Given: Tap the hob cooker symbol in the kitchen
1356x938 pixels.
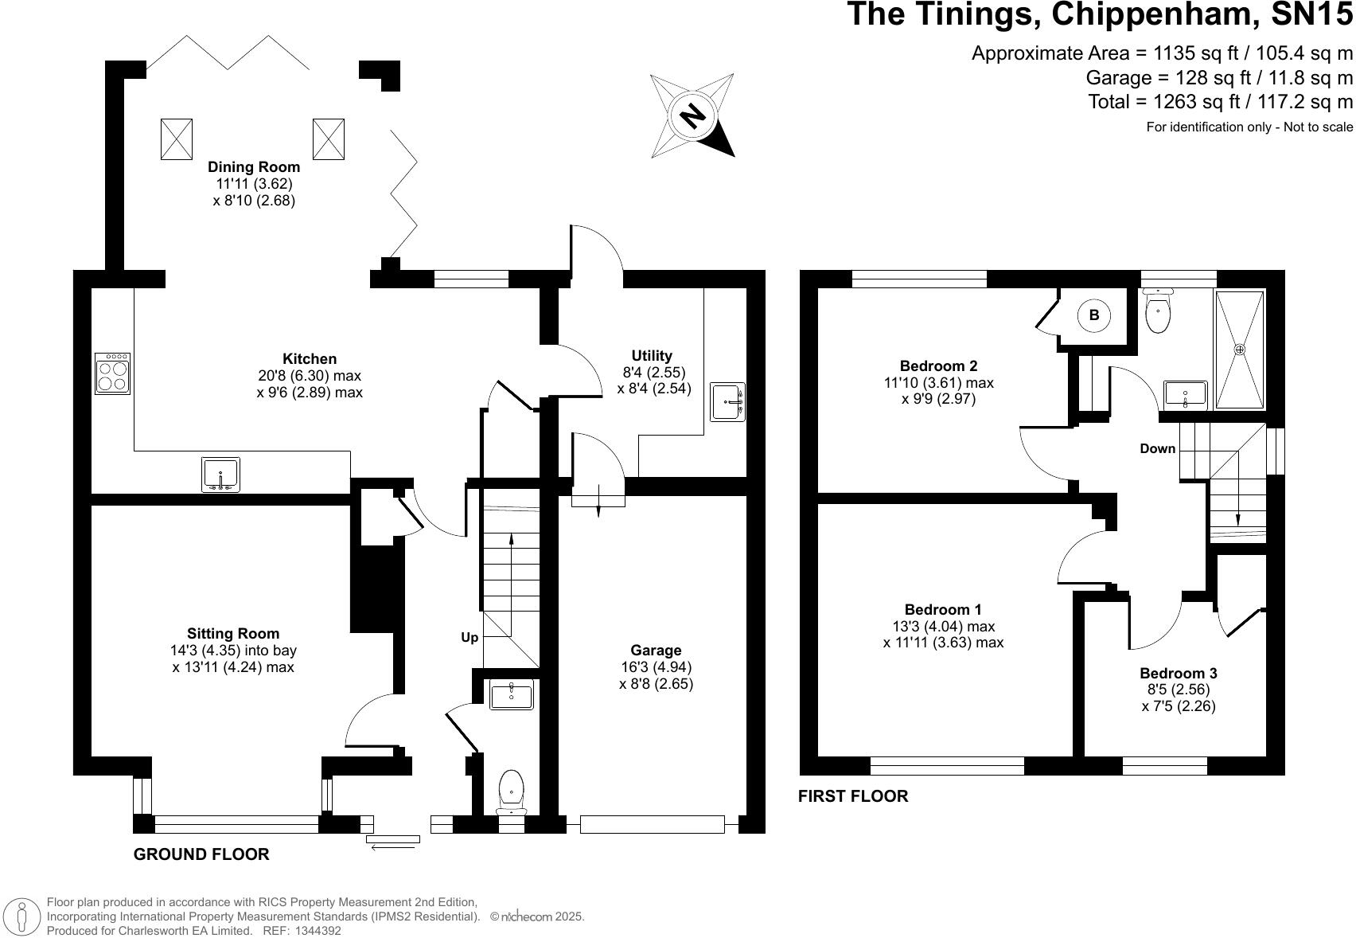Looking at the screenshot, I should coord(112,374).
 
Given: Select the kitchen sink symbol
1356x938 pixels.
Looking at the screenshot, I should coord(220,475).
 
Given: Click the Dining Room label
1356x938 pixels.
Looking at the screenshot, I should coord(254,167).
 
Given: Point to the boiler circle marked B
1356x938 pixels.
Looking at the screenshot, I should coord(1093,315).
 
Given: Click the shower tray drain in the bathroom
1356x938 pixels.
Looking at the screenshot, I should coord(1240,349).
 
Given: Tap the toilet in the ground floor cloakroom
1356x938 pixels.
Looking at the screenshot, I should coord(511,791).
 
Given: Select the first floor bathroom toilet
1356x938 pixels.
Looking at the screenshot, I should coord(1158,311).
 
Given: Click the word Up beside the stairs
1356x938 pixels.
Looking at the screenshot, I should coord(470,638).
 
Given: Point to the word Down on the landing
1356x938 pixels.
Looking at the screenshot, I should coord(1157,449).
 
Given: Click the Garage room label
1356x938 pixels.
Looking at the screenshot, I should coord(656,651).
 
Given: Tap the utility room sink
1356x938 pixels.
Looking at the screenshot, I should coord(728,402).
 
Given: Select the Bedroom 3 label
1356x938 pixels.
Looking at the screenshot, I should coord(1178,674).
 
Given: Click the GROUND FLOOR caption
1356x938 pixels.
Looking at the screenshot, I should coord(201,854).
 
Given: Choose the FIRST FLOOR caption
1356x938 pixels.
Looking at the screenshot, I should coord(853,796).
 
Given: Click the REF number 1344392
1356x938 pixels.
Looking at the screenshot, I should coord(318,931).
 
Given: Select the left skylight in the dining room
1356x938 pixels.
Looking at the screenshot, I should coord(177,139).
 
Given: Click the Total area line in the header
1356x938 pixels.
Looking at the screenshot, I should coord(1220,102).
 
